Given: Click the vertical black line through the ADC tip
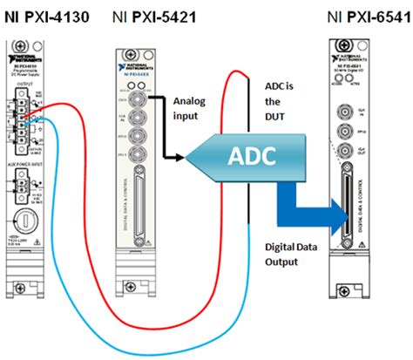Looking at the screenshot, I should pyautogui.click(x=254, y=192).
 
